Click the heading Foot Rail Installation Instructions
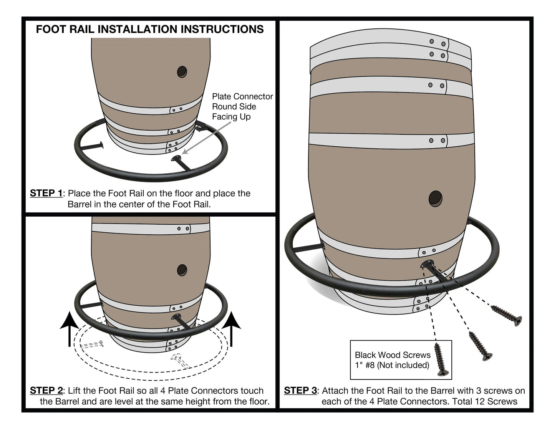[x=150, y=29]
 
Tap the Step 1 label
[x=46, y=193]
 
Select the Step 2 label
[x=46, y=391]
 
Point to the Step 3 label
[x=300, y=391]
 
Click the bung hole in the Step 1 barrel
[x=182, y=71]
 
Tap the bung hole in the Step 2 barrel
[x=182, y=270]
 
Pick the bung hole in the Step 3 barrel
[x=436, y=199]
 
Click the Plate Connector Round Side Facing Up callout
[x=242, y=106]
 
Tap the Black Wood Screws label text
[x=392, y=360]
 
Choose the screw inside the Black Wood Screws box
[x=440, y=360]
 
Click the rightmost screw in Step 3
[x=507, y=313]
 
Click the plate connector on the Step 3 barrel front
[x=427, y=264]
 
